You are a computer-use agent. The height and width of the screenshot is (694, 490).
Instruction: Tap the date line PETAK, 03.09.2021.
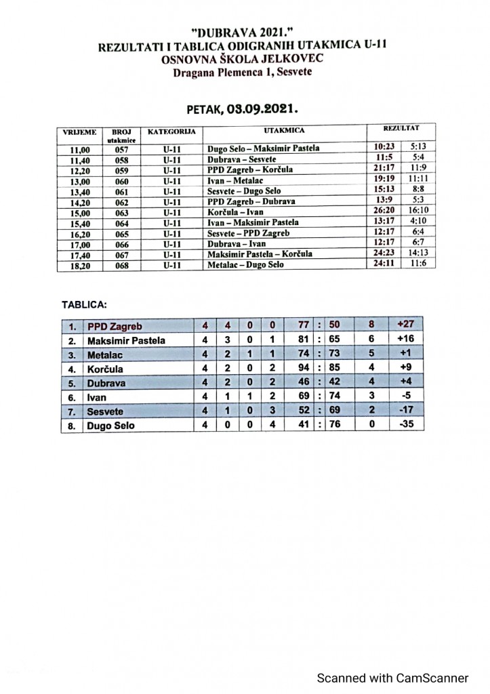tap(243, 108)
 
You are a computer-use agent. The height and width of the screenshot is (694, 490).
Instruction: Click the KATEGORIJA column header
tap(171, 129)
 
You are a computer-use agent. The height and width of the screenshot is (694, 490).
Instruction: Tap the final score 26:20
tap(383, 211)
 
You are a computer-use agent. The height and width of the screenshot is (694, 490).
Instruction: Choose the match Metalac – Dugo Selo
tap(245, 265)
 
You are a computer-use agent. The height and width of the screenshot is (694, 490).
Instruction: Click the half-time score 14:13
tap(418, 253)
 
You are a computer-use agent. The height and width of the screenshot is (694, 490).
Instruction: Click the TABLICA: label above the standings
tap(85, 305)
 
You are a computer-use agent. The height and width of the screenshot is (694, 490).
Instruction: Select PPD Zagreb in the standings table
tap(115, 326)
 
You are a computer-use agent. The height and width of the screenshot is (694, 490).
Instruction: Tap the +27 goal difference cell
tap(407, 325)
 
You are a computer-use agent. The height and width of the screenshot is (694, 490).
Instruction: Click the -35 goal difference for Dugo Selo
tap(407, 425)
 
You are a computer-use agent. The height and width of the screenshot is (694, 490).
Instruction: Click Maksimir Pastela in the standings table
tap(126, 340)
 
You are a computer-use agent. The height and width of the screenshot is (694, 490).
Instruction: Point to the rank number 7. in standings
tap(73, 411)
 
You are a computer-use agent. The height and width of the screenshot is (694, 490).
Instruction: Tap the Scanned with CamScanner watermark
tap(393, 678)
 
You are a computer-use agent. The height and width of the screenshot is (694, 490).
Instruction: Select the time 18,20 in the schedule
tap(80, 265)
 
